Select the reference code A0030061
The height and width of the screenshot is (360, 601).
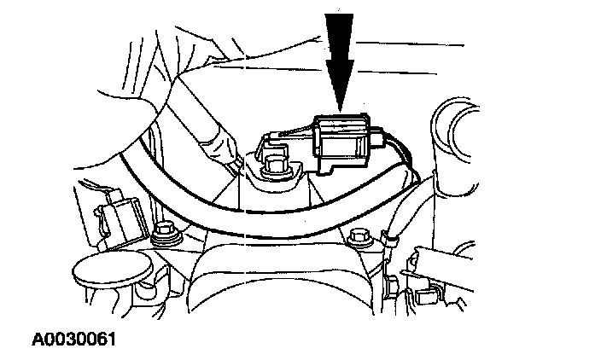coord(74,340)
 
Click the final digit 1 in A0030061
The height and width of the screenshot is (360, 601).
coord(111,340)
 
